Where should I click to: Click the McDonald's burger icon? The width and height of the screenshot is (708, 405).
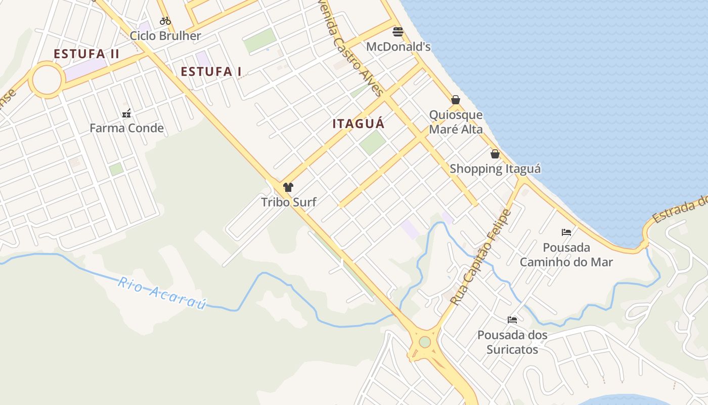[x=398, y=32]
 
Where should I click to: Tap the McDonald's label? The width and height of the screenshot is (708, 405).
[x=399, y=47]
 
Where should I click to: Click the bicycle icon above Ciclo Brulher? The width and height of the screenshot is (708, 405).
[x=165, y=21]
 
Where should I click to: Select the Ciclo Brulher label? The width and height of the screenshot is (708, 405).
[x=165, y=36]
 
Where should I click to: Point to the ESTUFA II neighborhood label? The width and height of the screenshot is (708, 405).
[x=86, y=54]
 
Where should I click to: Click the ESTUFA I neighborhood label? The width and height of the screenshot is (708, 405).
[x=211, y=71]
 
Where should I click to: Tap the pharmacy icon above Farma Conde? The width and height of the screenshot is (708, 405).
[x=127, y=113]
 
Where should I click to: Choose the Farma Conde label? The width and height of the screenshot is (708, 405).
[x=127, y=128]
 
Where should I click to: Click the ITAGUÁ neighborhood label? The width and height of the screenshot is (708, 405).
[x=359, y=124]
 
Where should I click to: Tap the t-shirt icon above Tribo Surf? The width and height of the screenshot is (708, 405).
[x=288, y=187]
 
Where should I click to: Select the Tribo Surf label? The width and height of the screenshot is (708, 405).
[x=289, y=202]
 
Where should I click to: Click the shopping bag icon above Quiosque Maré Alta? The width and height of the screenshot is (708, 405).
[x=456, y=100]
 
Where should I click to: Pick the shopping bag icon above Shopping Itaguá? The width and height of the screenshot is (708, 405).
[x=495, y=154]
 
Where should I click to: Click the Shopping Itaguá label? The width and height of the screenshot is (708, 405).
[x=496, y=169]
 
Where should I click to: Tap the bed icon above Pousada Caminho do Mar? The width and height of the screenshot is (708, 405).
[x=566, y=232]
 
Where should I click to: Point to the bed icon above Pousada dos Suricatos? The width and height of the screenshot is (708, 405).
[x=512, y=320]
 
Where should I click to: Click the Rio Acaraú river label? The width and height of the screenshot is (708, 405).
[x=162, y=293]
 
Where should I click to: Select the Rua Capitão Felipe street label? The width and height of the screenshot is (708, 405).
[x=480, y=258]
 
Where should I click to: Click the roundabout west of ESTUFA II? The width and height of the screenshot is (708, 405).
[x=47, y=80]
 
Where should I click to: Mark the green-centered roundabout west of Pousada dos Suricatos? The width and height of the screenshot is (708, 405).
[x=425, y=342]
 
